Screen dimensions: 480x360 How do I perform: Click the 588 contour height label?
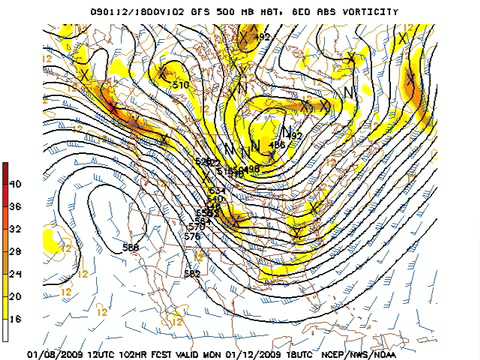click(131, 247)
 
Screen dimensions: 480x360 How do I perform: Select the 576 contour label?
click(193, 236)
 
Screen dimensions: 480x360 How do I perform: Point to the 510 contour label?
click(181, 86)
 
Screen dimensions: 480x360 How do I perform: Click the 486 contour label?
click(278, 145)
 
